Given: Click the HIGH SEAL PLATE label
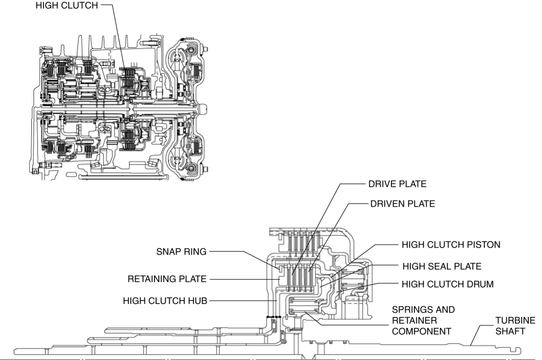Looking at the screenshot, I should tap(442, 265).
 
